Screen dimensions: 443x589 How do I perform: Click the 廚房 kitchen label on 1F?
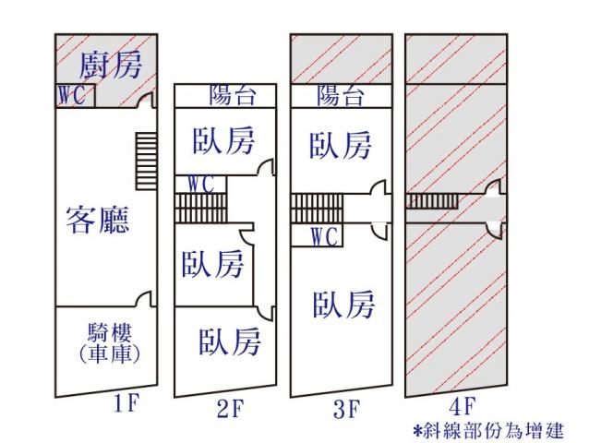point(110,65)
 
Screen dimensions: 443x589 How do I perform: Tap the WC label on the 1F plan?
point(73,95)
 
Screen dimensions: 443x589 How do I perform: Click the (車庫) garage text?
point(102,353)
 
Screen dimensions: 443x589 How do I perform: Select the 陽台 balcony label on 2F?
point(232,95)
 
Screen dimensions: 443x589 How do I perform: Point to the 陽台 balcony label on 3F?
point(340,95)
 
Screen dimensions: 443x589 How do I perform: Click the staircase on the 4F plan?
point(432,201)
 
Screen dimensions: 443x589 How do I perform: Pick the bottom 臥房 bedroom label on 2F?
point(230,341)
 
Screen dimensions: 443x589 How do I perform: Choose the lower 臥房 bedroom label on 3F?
point(343,304)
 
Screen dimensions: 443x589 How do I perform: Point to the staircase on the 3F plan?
point(317,209)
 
